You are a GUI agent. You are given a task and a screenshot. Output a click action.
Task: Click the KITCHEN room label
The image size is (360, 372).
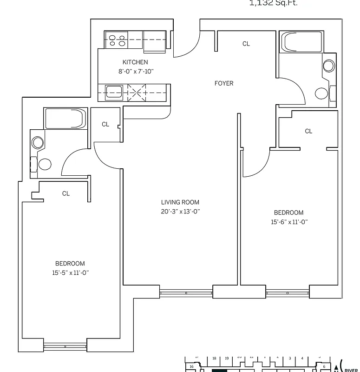tap(135, 62)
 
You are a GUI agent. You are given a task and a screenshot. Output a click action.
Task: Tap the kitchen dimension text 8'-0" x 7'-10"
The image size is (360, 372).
tap(135, 72)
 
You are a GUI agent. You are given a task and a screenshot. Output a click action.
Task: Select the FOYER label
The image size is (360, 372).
tap(223, 84)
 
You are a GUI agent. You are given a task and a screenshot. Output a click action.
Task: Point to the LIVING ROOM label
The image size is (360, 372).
tap(180, 202)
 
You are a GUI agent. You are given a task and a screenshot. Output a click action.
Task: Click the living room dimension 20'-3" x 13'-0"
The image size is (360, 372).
tap(180, 212)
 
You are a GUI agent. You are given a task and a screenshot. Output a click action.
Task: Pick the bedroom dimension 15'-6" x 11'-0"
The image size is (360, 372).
tap(289, 222)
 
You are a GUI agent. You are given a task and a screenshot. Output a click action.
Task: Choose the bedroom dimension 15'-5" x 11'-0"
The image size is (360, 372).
tap(70, 273)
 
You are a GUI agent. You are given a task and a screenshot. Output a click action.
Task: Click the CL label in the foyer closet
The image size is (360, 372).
tap(246, 44)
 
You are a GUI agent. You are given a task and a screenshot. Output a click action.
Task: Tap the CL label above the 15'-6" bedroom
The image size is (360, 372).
tap(308, 132)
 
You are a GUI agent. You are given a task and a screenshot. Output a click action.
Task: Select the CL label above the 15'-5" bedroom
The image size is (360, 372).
tap(66, 193)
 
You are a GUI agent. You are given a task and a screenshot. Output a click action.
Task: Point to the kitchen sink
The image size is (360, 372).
tap(114, 92)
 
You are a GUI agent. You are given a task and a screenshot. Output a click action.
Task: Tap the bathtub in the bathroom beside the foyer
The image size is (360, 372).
tap(301, 43)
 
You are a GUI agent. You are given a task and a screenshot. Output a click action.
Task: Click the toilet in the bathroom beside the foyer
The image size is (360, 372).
tap(321, 93)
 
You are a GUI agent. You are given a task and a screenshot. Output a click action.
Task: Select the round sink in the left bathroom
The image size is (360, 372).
tap(37, 143)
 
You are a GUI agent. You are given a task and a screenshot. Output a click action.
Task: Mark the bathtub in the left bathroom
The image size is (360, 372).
tap(65, 119)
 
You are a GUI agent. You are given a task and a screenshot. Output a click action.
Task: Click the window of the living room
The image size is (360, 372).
tap(186, 293)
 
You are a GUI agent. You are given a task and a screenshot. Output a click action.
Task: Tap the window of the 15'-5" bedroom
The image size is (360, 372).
tap(65, 346)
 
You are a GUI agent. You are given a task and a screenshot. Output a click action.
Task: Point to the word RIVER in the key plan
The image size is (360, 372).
tap(352, 365)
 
